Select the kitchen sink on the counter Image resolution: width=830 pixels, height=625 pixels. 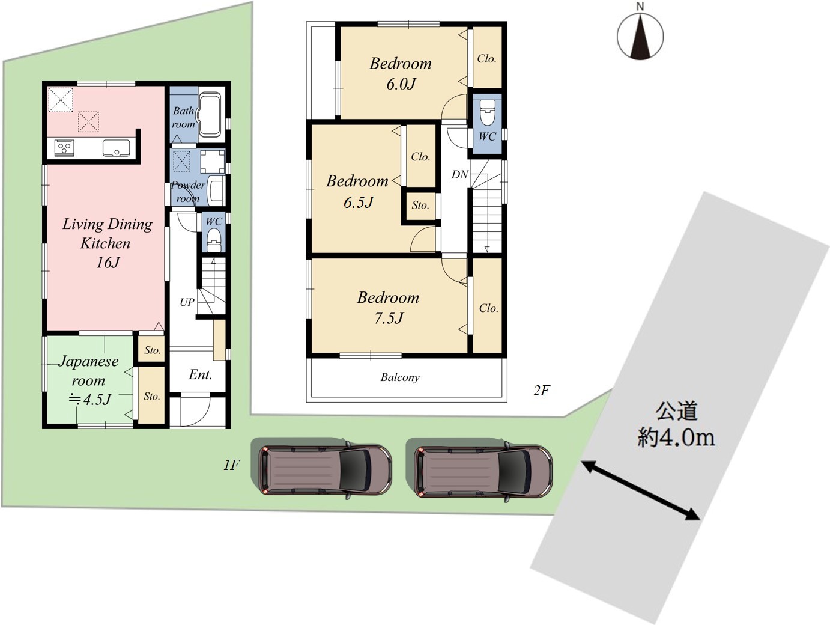pos(116,148)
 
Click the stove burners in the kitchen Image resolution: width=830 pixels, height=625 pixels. pos(64,147)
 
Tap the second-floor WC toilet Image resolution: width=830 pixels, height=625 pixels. pos(487,112)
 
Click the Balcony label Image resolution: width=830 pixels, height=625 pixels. pos(400,377)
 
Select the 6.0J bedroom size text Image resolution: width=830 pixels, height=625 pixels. pos(401,84)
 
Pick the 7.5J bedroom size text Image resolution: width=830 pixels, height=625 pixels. pos(389,318)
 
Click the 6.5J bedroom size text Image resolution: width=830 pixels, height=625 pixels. pos(359,203)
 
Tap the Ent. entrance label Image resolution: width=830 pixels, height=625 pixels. pos(201,374)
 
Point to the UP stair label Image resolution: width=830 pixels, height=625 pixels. pos(187,302)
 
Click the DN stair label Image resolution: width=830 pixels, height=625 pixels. pos(460,174)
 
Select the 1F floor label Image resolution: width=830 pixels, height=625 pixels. pos(231,465)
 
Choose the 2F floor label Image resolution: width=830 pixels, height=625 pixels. pos(542,391)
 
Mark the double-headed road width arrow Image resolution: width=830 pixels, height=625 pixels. pos(641,490)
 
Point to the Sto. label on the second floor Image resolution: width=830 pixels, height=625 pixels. pos(420,206)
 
